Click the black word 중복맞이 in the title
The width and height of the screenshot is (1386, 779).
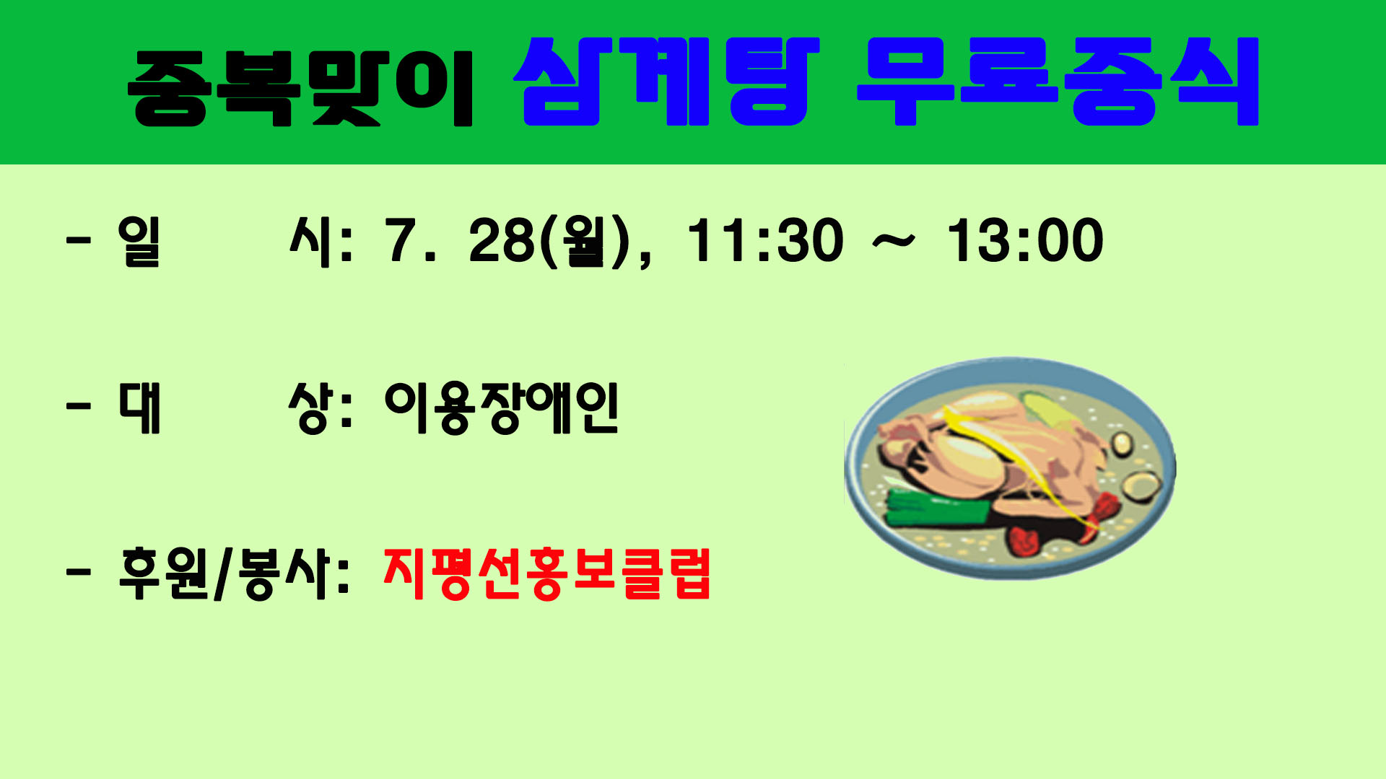point(300,88)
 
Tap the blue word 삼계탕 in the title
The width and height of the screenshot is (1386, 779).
point(667,82)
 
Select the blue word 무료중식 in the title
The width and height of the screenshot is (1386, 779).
point(1058,82)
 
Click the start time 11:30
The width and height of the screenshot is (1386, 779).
point(765,240)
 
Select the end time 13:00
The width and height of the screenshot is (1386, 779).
point(1025,240)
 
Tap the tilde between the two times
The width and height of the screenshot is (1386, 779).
point(894,243)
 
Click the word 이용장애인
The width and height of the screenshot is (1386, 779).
point(502,408)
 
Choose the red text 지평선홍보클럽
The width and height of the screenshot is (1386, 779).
point(547,573)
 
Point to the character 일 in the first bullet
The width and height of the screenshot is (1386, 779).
point(139,241)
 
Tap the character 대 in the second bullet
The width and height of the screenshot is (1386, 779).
point(139,408)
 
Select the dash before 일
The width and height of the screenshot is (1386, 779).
point(79,240)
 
